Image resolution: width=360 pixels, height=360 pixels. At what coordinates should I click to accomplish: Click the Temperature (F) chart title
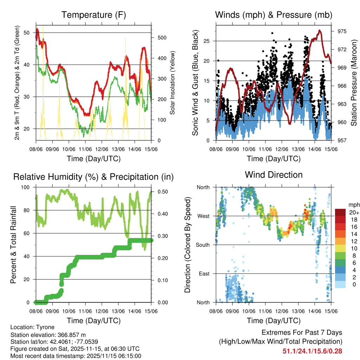coord(94,15)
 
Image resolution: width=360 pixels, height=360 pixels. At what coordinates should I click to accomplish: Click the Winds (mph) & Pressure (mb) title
coord(274,15)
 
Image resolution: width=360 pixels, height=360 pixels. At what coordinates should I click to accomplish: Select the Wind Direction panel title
coord(274,174)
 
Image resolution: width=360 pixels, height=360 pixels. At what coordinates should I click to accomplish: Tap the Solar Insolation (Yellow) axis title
coord(172,83)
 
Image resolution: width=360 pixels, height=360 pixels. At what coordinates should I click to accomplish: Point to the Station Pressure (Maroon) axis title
coord(354,83)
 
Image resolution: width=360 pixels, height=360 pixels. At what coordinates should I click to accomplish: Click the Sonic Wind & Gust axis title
coord(195,83)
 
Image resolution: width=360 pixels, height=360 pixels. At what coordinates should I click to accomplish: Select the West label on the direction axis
coord(204,216)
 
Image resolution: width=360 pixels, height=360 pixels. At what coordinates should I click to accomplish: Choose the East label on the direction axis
coord(205,274)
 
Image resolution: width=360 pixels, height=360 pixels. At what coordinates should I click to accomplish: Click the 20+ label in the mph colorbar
coord(353,212)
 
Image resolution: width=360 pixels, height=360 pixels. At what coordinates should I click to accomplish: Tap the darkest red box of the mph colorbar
coord(340,212)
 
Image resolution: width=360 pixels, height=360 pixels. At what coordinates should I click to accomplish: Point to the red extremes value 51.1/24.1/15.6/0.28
coord(312,351)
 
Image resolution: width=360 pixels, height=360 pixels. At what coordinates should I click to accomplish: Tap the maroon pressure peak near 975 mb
coord(320,31)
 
